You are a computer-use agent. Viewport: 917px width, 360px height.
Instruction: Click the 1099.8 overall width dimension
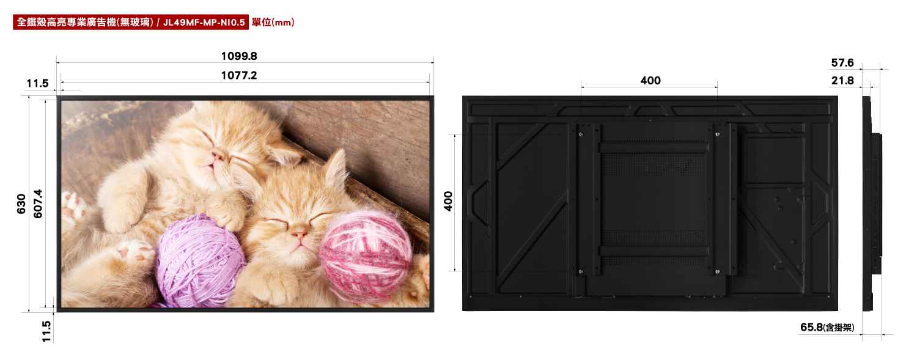pos(239,56)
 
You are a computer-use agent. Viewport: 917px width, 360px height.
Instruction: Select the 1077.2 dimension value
pos(239,75)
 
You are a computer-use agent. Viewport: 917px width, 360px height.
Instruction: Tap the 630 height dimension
pos(21,204)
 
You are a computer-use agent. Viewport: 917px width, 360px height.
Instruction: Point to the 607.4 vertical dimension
pos(38,204)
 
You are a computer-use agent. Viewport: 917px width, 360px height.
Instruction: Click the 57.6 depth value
pos(842,62)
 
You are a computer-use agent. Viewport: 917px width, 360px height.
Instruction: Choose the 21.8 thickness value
pos(842,81)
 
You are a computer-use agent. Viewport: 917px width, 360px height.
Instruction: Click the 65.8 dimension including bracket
pos(827,327)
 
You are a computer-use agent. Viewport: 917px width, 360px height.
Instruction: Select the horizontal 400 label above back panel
pos(650,81)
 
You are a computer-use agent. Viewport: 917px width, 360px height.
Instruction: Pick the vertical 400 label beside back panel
pos(449,201)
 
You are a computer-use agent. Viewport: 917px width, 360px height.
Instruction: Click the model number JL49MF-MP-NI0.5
pos(204,22)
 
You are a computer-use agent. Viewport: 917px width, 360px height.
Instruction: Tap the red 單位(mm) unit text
pos(273,22)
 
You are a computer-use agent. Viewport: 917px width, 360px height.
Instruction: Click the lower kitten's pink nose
pos(300,235)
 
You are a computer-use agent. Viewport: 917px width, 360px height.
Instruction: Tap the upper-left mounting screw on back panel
pos(581,134)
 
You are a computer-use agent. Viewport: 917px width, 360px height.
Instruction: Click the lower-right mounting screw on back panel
pos(717,271)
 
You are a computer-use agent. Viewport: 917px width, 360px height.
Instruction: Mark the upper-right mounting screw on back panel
pos(717,134)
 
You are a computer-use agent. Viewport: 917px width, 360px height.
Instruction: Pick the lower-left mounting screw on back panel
pos(581,271)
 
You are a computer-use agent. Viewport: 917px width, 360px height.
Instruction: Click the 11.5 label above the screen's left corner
pos(38,84)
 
